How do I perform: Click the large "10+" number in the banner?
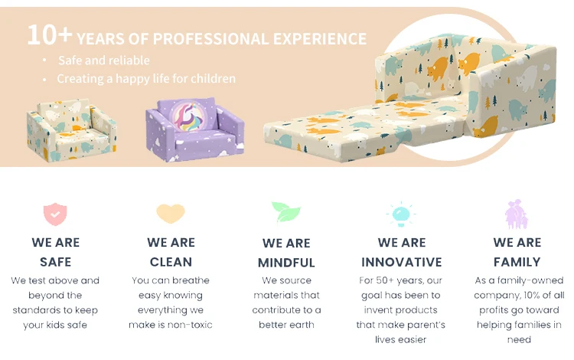50,34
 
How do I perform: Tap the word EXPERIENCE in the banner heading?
320,39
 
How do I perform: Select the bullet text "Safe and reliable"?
104,60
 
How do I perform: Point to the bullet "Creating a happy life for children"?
146,78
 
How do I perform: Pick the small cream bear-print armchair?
71,130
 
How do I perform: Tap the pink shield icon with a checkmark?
55,214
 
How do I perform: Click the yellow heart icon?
171,213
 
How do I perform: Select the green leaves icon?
286,211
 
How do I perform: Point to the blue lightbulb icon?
401,214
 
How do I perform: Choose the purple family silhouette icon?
517,214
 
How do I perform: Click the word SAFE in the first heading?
56,262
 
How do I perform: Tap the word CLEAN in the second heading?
171,262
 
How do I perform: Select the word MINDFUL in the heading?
286,263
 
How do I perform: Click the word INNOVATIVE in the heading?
402,262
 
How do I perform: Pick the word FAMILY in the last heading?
517,262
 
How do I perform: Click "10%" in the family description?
532,295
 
